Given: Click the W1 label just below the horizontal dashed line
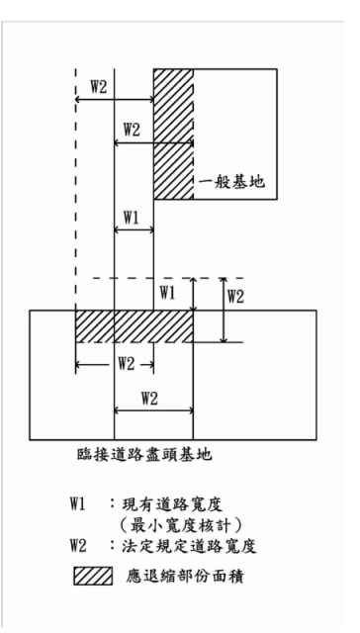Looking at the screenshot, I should coord(167,293).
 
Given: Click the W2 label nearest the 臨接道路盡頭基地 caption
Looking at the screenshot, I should coord(149,398).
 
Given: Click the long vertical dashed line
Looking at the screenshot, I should coord(76,198).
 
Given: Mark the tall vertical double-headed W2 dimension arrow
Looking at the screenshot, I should coord(225,311).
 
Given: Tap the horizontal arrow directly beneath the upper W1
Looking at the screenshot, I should coord(134,229).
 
